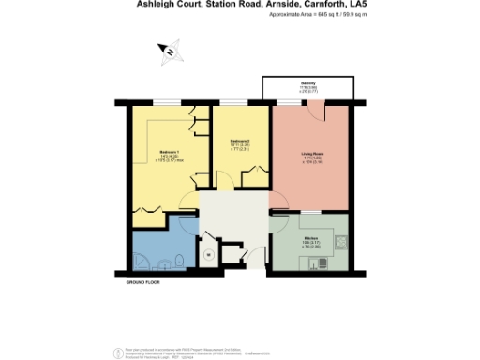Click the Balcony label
[308, 82]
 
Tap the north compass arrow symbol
[168, 50]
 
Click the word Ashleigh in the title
[144, 6]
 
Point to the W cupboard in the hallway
[207, 253]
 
